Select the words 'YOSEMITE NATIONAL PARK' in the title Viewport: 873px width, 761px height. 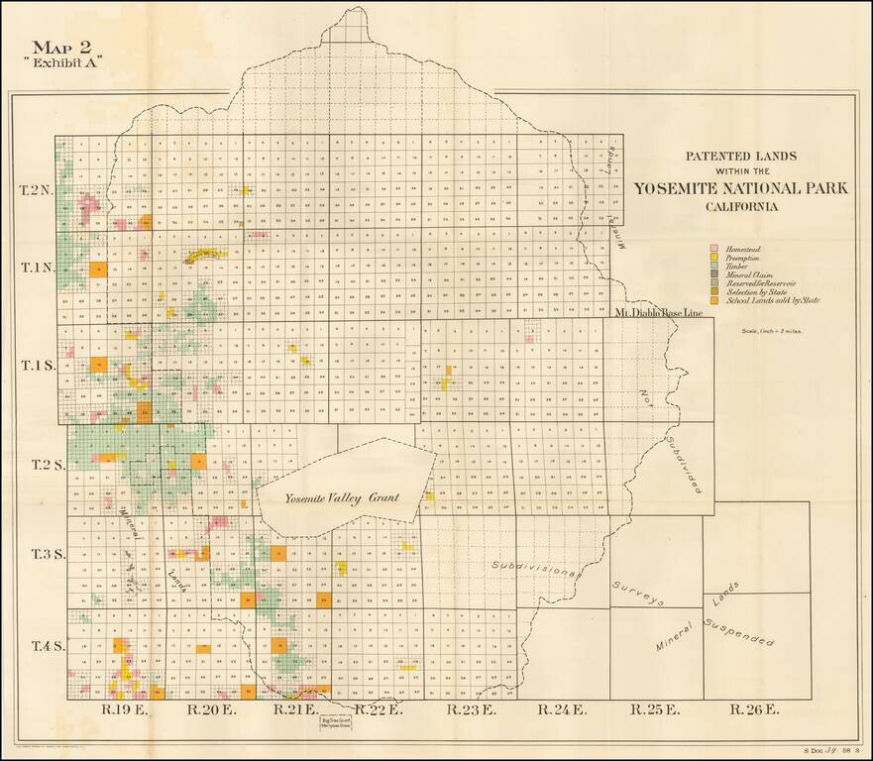pyautogui.click(x=741, y=189)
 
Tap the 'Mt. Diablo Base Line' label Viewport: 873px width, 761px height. pyautogui.click(x=658, y=313)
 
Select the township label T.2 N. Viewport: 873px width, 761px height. pyautogui.click(x=37, y=188)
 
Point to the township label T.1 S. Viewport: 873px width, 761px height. pyautogui.click(x=37, y=365)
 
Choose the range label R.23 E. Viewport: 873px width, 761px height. pyautogui.click(x=467, y=709)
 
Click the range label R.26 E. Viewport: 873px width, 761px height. pyautogui.click(x=754, y=709)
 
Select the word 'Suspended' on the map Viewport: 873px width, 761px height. pyautogui.click(x=738, y=632)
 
